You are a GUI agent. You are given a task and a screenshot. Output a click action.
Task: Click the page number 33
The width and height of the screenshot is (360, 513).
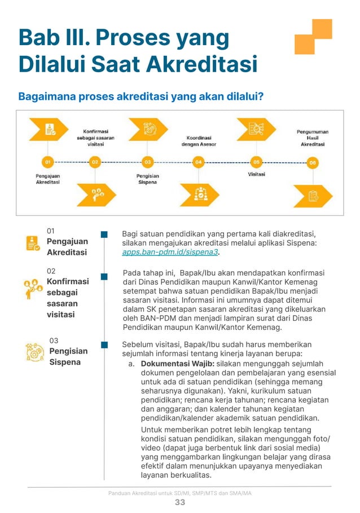179,502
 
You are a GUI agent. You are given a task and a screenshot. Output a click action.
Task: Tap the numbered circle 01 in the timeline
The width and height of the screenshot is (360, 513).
48,162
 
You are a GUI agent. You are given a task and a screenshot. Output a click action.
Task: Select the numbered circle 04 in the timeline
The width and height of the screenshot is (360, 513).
198,162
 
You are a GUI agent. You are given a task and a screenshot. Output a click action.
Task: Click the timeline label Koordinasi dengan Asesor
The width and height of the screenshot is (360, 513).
198,141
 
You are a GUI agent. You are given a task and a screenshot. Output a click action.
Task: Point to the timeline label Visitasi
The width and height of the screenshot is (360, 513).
257,174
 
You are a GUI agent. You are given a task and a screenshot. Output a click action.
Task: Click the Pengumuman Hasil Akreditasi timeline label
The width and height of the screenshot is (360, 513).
312,138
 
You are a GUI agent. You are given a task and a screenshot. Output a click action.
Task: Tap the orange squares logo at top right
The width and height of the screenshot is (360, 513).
313,36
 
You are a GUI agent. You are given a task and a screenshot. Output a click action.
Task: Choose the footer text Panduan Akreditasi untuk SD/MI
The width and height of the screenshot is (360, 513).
179,493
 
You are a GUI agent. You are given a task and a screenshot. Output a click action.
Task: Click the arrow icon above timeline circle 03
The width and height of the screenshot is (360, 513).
148,129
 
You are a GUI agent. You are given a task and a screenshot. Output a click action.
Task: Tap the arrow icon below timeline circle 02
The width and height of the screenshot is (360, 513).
96,194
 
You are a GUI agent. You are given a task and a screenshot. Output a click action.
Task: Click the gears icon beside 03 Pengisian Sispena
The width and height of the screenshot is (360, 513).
34,352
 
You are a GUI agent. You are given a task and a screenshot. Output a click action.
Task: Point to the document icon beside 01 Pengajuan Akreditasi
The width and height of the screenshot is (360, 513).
33,243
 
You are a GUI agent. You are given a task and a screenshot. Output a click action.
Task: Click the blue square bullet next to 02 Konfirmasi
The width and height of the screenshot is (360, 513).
104,277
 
